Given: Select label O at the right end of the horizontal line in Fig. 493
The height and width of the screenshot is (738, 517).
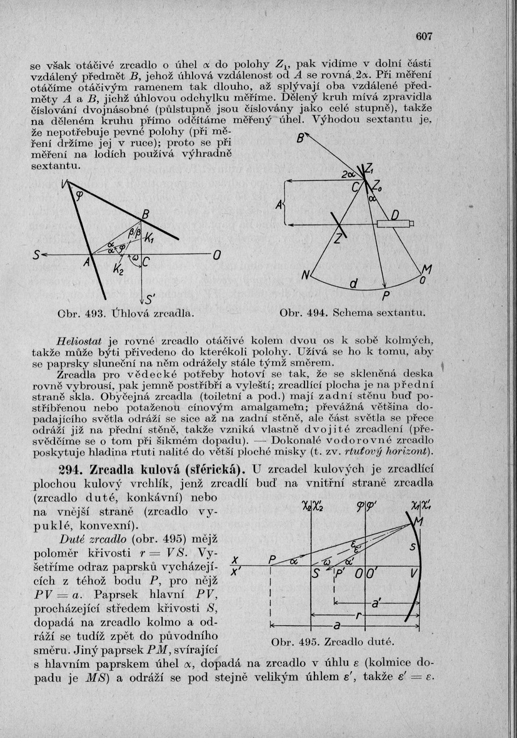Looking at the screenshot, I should click(217, 255).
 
